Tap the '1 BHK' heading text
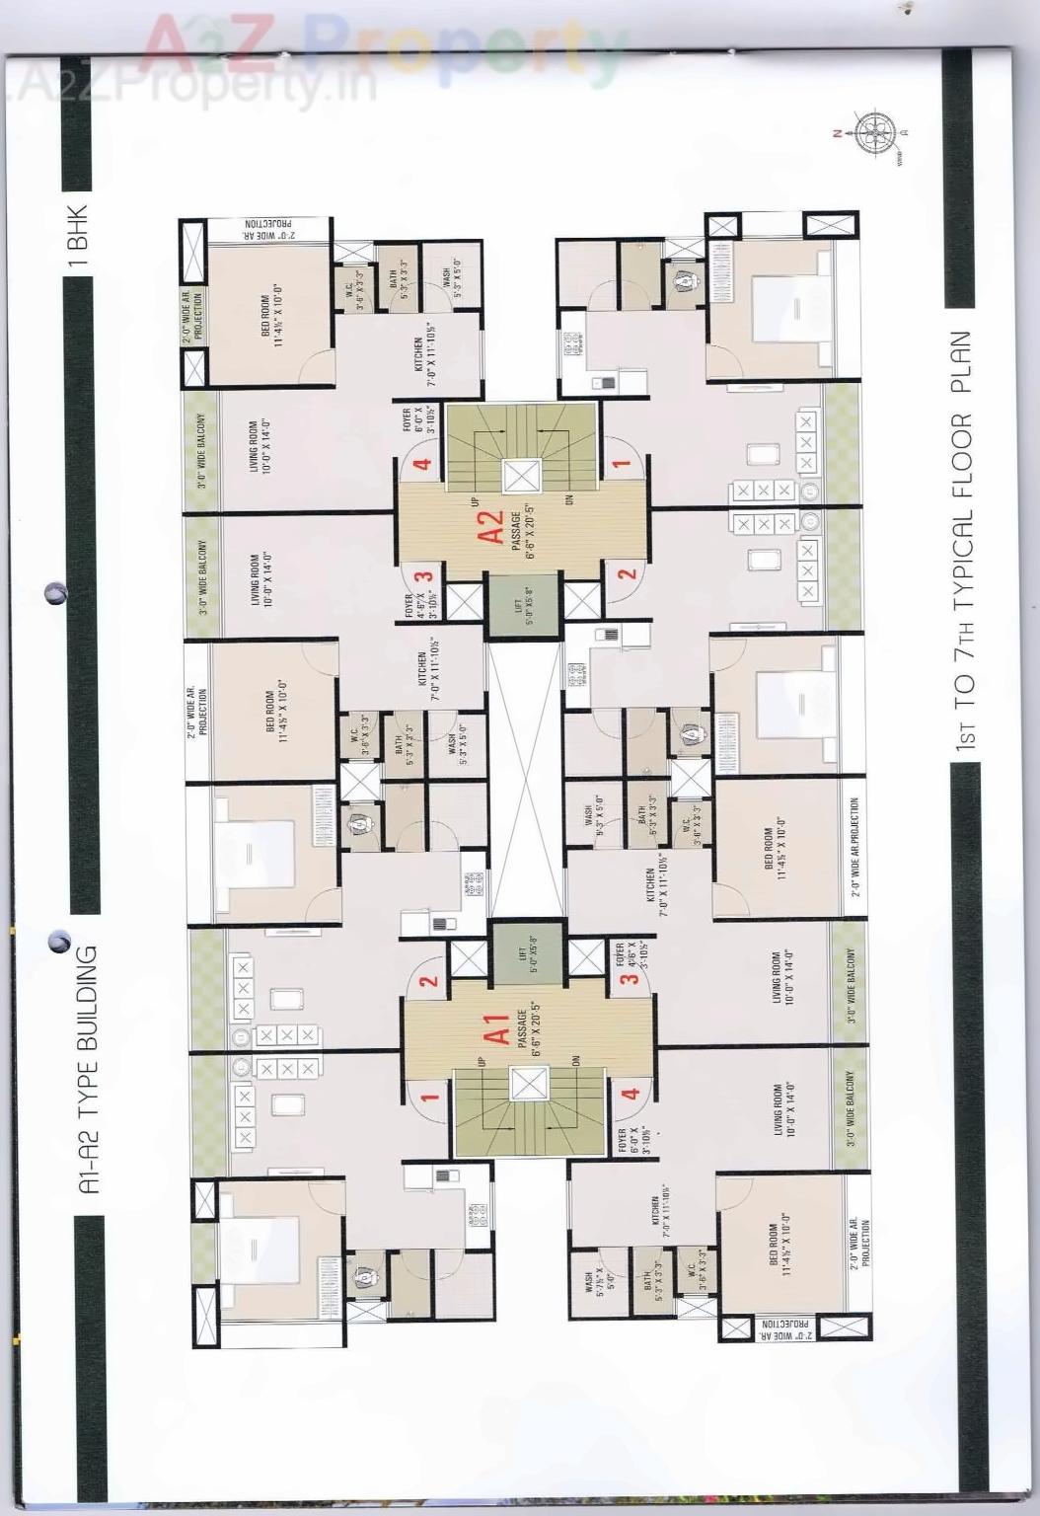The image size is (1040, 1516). tap(80, 238)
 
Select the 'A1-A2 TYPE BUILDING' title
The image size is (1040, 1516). tap(90, 1070)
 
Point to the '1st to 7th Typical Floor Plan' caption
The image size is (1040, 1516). tap(963, 542)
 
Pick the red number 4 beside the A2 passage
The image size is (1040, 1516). tap(423, 465)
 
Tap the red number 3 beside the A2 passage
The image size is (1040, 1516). tap(424, 576)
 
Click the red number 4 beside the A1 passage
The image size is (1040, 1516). tap(631, 1094)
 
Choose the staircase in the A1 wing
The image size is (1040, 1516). tap(528, 1113)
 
